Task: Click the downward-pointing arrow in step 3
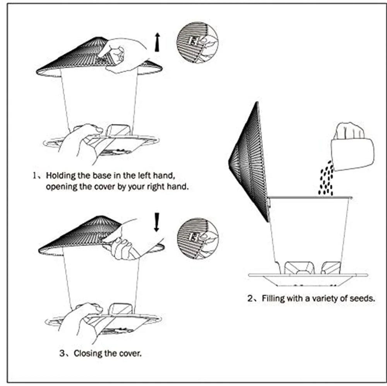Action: [x=157, y=222]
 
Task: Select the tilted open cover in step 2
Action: [x=250, y=161]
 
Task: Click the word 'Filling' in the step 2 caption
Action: [x=273, y=299]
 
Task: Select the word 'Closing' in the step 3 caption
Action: [x=87, y=353]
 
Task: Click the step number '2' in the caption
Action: [x=250, y=299]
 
